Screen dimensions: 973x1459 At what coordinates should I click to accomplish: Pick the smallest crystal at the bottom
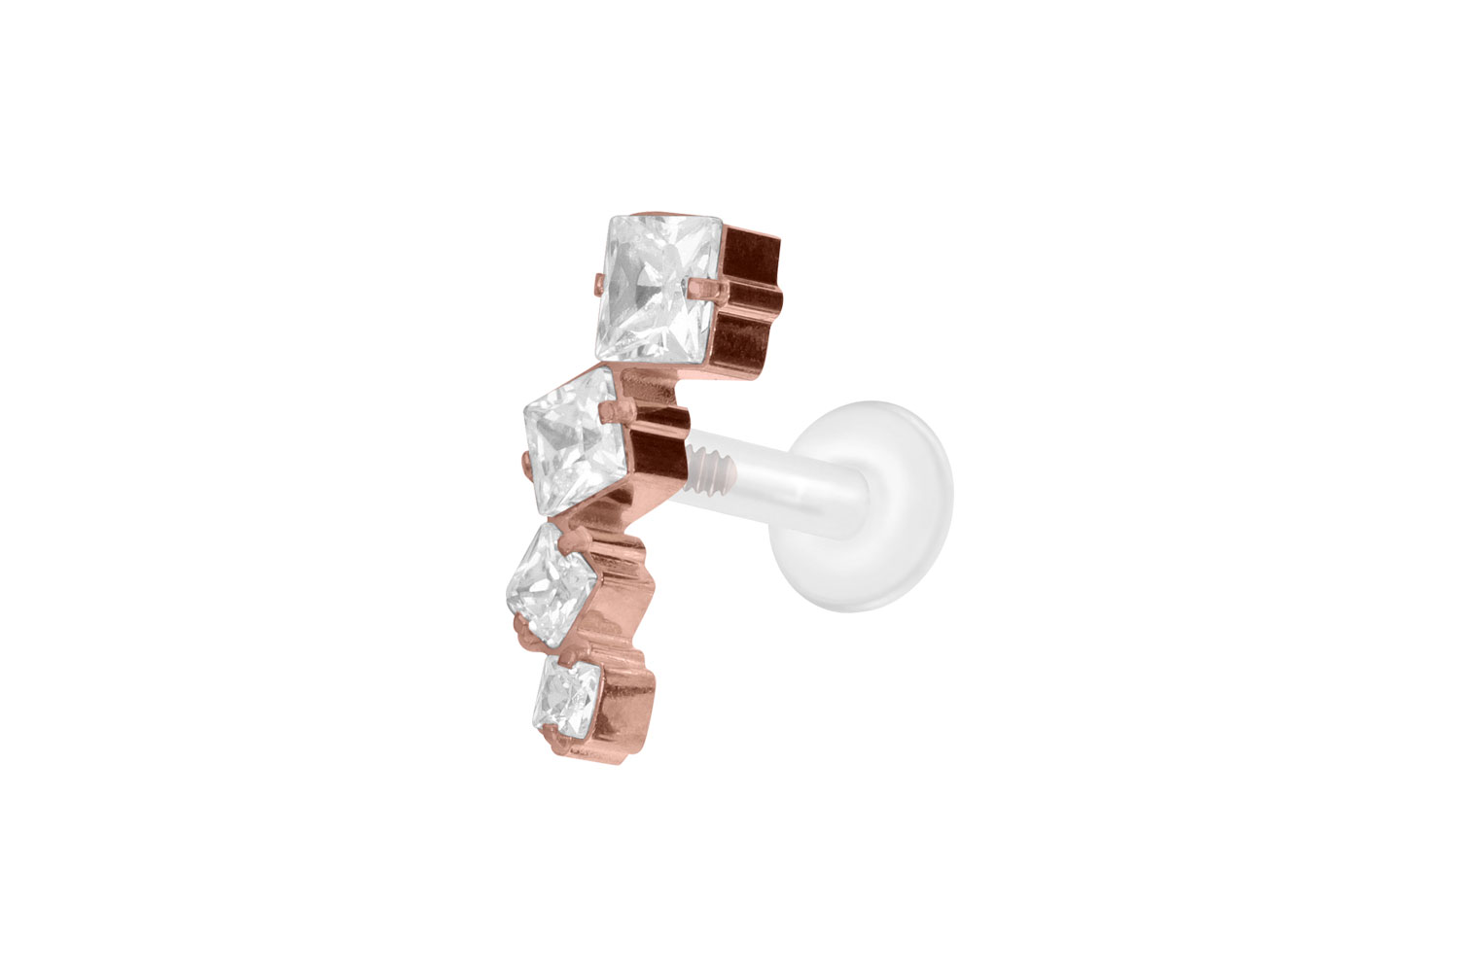[569, 696]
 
